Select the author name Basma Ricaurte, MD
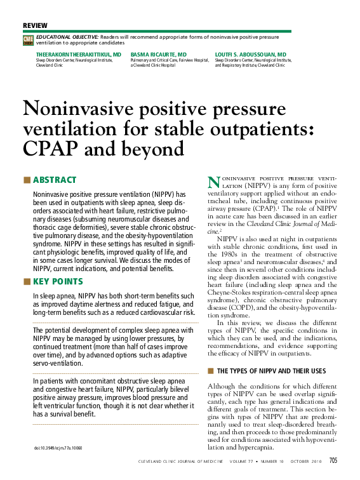click(158, 55)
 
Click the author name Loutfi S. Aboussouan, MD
click(250, 55)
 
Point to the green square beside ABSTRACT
click(26, 180)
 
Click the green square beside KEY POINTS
click(26, 281)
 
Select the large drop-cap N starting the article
click(214, 182)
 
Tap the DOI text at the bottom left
click(59, 448)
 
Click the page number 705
click(333, 462)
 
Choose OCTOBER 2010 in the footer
click(306, 462)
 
